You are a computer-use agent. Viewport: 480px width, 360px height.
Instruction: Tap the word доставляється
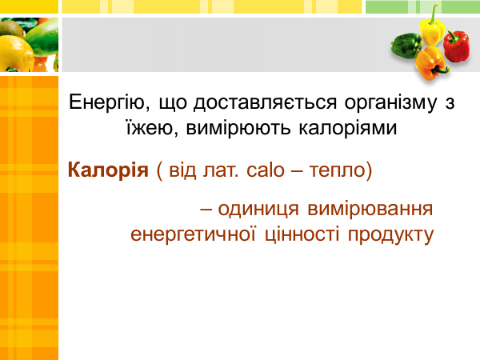[x=265, y=102]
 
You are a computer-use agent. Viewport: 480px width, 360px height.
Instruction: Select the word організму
[x=390, y=103]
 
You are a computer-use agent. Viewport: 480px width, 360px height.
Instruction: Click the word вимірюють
[x=238, y=129]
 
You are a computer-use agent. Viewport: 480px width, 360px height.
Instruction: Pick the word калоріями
[x=348, y=129]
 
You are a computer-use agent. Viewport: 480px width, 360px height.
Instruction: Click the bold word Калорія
[x=108, y=170]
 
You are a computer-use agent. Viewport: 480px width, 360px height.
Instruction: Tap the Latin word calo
[x=266, y=170]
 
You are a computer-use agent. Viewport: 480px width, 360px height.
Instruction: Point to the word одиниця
[x=258, y=210]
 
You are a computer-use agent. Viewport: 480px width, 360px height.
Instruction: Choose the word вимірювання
[x=370, y=210]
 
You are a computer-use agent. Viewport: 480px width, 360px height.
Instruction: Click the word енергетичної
[x=193, y=235]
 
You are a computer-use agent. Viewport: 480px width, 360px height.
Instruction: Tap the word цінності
[x=302, y=235]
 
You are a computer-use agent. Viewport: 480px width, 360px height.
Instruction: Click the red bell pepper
[x=457, y=46]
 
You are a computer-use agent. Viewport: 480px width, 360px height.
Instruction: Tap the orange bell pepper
[x=431, y=63]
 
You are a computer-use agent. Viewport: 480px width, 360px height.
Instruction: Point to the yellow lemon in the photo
[x=16, y=54]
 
